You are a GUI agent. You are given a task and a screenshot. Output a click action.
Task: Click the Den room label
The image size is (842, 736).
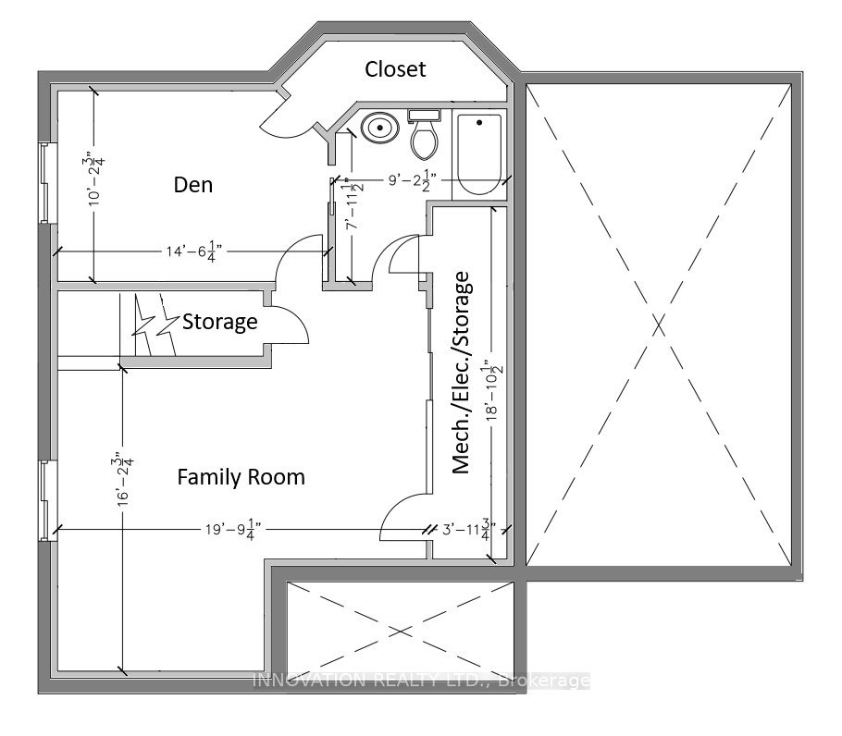click(193, 185)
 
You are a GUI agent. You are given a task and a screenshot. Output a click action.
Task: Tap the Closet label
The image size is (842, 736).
click(395, 69)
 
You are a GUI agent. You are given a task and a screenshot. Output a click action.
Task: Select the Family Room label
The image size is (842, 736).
click(241, 477)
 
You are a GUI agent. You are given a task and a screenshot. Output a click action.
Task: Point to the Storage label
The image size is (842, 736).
click(220, 322)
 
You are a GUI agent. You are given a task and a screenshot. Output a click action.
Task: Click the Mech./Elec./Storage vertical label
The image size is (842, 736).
click(461, 373)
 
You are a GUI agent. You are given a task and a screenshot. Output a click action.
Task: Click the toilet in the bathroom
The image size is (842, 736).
click(424, 134)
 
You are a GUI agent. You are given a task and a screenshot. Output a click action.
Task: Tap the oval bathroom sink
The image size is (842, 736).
click(380, 128)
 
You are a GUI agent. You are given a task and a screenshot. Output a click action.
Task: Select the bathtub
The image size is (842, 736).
click(479, 154)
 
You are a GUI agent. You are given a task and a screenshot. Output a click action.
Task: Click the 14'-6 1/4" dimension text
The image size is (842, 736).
click(194, 251)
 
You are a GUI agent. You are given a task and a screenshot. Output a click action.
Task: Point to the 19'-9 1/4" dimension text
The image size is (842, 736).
click(233, 530)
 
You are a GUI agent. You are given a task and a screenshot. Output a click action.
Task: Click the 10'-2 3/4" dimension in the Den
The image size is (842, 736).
click(95, 181)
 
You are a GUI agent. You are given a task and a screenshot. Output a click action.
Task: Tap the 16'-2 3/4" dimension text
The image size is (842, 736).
click(123, 480)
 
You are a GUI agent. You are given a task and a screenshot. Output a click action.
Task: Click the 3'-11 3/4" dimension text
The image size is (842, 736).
click(469, 530)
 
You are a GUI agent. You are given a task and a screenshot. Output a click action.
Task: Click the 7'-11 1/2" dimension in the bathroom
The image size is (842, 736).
click(353, 203)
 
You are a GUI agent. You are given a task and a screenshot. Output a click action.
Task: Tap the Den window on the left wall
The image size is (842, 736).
click(48, 182)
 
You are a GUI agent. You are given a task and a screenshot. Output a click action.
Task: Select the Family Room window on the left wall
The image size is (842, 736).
click(48, 500)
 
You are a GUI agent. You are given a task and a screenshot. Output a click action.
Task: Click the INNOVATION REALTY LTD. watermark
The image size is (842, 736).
click(421, 681)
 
